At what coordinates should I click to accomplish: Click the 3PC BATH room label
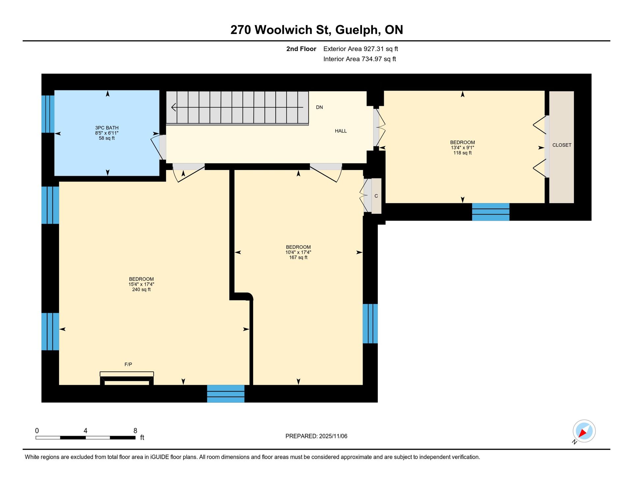tap(107, 128)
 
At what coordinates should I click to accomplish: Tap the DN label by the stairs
tap(319, 107)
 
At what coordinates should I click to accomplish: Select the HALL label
tap(341, 131)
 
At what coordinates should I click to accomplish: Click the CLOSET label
tap(562, 145)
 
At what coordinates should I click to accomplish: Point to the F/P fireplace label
tap(128, 364)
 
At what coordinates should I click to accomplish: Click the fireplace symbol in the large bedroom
tap(127, 378)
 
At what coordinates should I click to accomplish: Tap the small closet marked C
tap(376, 196)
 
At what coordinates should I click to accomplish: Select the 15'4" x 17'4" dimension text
tap(141, 284)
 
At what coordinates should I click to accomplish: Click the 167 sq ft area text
tap(298, 258)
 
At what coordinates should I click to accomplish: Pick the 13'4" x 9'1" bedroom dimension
tap(463, 148)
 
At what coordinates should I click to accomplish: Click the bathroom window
tap(48, 114)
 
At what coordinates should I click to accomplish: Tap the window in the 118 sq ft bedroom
tap(491, 212)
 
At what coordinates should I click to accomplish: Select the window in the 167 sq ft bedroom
tap(370, 324)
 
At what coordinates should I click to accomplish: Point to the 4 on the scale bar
tap(85, 431)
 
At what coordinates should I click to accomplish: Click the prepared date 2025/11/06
tap(333, 436)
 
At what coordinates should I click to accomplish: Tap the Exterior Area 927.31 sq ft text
tap(361, 49)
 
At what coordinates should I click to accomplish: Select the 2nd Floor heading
tap(301, 49)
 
